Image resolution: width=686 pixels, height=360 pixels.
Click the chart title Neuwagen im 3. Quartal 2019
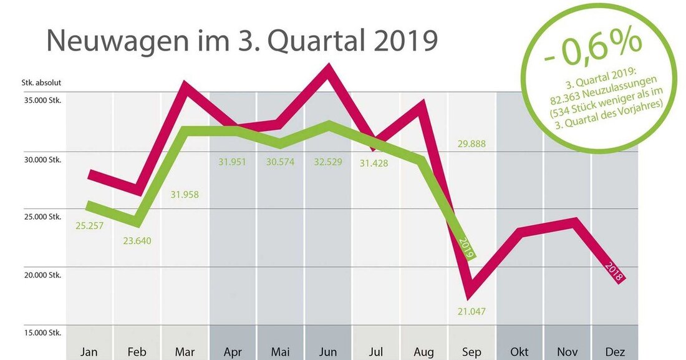pyautogui.click(x=242, y=41)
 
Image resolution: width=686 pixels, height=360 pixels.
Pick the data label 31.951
pyautogui.click(x=232, y=162)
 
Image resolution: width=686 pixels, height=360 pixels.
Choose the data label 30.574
pyautogui.click(x=280, y=162)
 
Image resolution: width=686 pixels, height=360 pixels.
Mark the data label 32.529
pyautogui.click(x=327, y=162)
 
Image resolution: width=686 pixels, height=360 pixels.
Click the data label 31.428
pyautogui.click(x=376, y=162)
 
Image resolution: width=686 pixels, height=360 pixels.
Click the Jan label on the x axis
pyautogui.click(x=89, y=352)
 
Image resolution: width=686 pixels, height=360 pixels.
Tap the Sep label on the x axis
pyautogui.click(x=472, y=352)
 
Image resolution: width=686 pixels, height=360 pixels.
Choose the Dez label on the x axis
pyautogui.click(x=615, y=352)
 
